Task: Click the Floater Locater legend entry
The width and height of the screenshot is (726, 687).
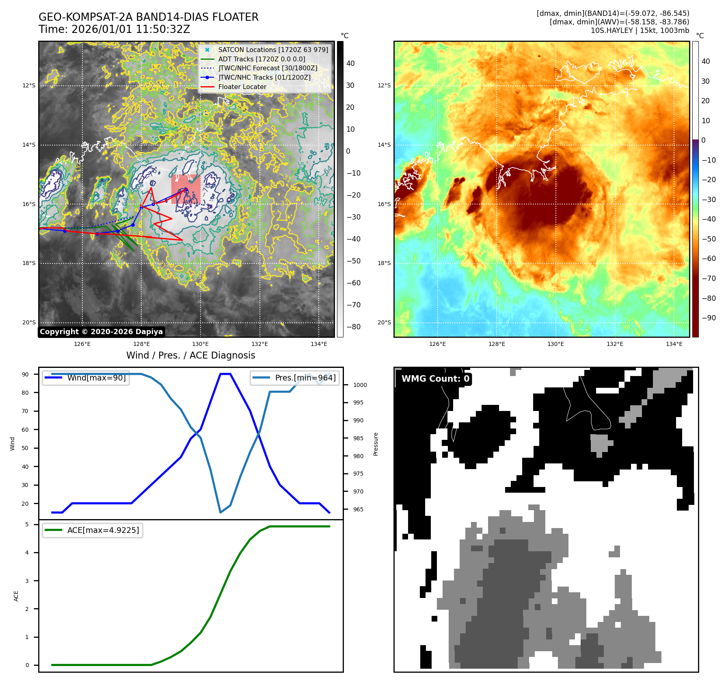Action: point(242,87)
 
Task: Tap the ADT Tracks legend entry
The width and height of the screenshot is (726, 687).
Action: point(261,59)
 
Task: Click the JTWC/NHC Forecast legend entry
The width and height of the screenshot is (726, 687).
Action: point(268,68)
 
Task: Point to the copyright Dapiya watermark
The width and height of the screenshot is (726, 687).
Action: point(101,332)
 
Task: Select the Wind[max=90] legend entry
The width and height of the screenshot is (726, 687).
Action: point(96,378)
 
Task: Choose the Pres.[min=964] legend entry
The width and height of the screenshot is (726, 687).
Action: point(305,378)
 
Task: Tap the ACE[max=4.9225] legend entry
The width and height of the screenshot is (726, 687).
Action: point(103,530)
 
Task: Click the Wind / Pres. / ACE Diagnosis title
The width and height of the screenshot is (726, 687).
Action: point(191,355)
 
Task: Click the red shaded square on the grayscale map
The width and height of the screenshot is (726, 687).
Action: point(186,189)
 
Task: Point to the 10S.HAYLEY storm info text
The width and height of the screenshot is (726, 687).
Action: point(640,30)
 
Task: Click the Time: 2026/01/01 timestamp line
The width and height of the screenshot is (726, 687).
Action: point(115,29)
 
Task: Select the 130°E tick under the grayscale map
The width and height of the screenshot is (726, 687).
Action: point(200,344)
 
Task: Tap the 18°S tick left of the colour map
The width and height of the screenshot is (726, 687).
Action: point(384,263)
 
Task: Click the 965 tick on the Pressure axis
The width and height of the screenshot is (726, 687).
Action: point(358,509)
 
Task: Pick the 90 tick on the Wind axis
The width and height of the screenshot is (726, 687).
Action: point(25,374)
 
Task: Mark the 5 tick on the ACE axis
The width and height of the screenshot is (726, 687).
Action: point(27,524)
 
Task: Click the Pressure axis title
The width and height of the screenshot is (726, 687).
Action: point(376,444)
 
